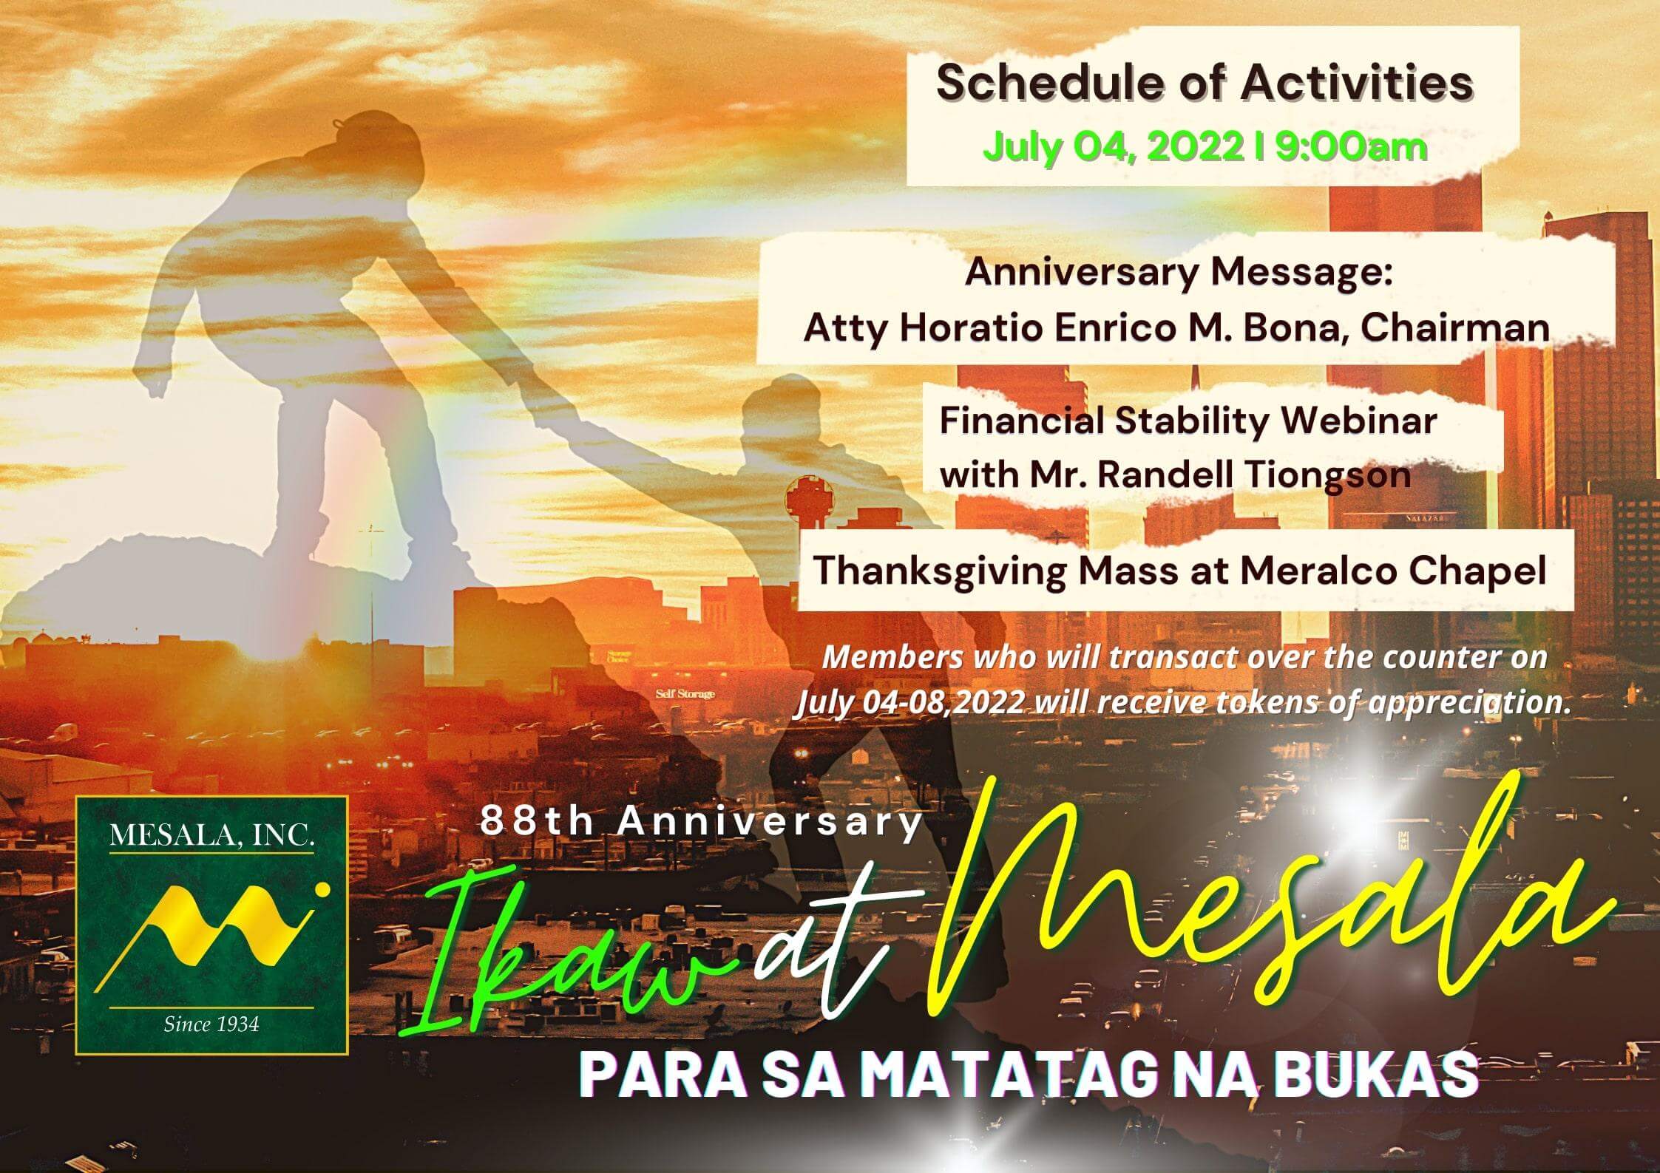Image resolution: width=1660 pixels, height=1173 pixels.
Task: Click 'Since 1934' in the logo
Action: pos(211,1024)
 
